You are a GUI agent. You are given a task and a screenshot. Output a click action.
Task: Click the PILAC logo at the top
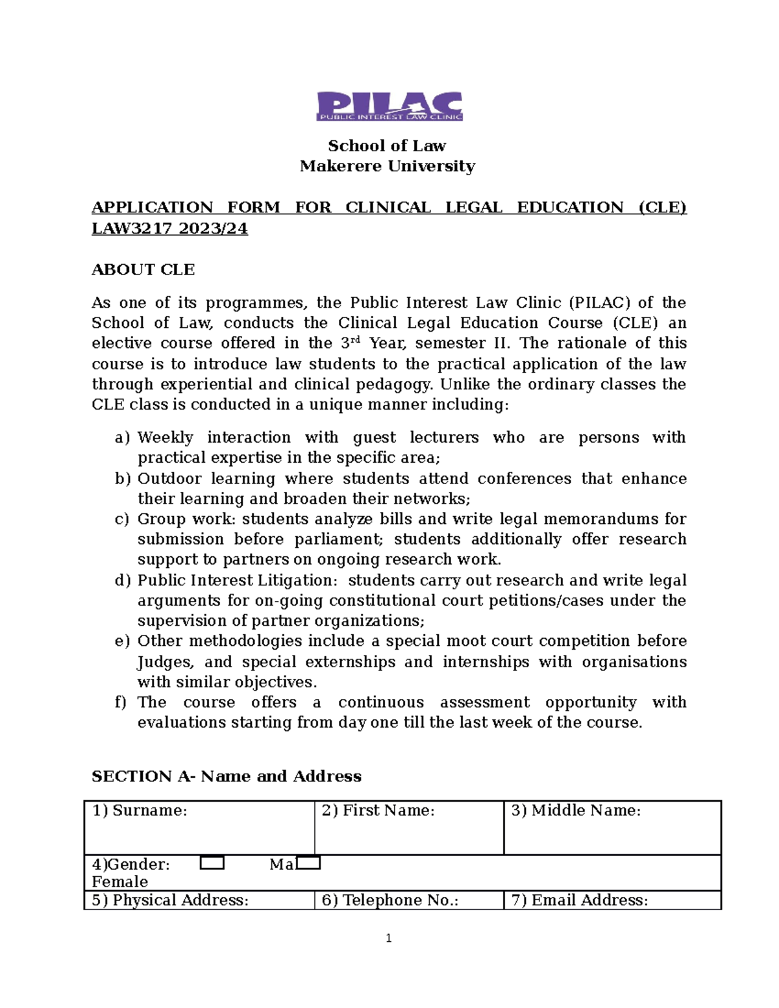389,106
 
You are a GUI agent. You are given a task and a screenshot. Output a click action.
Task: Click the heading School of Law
387,145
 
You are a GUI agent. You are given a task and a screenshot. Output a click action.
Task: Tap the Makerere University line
387,166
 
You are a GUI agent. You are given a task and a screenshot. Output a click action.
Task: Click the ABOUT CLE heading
143,269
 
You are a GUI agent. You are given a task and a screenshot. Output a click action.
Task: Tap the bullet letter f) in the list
121,702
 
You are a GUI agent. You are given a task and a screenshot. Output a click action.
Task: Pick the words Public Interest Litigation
238,580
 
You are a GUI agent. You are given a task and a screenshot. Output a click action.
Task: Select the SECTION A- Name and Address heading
226,776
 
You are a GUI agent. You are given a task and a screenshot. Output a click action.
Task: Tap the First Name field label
378,810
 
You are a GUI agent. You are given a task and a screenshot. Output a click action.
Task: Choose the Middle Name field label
576,810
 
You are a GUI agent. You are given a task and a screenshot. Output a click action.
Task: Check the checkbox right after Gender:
212,863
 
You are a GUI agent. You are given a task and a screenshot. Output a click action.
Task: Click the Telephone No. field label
390,900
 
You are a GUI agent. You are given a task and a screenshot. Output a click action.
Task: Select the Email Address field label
580,900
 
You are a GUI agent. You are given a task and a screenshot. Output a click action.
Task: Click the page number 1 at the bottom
388,938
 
